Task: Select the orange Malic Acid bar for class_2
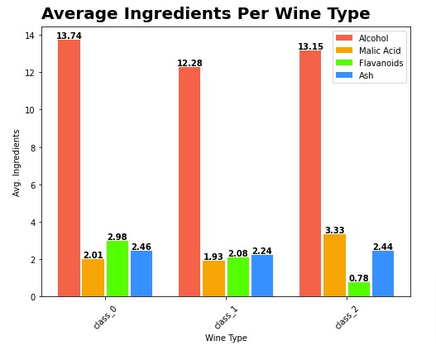click(334, 265)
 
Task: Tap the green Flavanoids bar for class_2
click(358, 289)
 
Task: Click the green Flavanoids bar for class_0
click(117, 268)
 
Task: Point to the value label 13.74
click(69, 36)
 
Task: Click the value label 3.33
click(334, 230)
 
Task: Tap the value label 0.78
click(358, 278)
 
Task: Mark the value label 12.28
click(189, 64)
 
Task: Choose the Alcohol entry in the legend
click(373, 38)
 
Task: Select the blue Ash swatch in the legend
click(343, 75)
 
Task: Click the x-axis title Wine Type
click(226, 338)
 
